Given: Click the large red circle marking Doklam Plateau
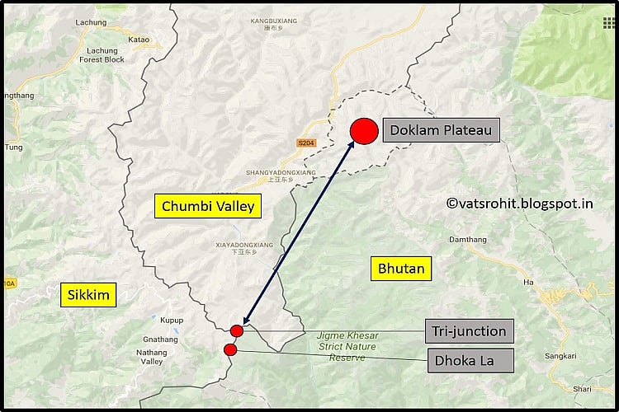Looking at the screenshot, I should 364,131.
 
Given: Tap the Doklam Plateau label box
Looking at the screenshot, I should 441,130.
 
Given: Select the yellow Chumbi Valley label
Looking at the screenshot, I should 208,206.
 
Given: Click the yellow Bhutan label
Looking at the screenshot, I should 401,268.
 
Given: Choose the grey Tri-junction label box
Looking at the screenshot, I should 468,331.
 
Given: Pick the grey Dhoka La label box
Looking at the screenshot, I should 468,359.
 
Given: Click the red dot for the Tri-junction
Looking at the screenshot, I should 237,331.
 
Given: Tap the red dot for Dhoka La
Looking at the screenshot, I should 230,350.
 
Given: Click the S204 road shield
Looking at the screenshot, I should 306,143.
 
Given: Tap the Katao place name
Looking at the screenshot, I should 139,39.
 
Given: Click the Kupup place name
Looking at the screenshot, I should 172,318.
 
